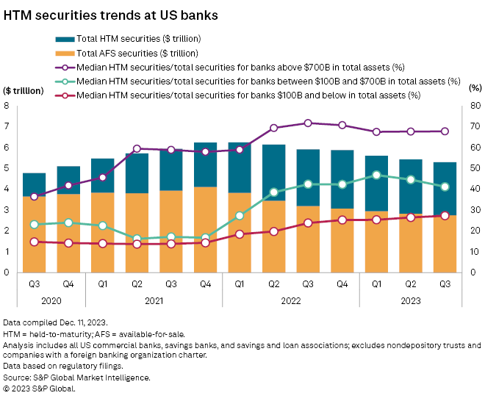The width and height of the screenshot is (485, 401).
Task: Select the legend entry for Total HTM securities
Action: [x=132, y=38]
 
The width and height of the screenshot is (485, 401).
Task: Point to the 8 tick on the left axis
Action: [x=7, y=106]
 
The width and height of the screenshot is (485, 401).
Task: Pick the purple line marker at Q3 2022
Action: [x=308, y=123]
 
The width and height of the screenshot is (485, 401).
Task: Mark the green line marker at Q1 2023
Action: [x=376, y=175]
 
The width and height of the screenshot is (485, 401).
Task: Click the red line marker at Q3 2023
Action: [x=445, y=215]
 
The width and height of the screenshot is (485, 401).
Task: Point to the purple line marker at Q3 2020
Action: [x=34, y=197]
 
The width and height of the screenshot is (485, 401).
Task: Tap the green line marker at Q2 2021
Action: [x=137, y=239]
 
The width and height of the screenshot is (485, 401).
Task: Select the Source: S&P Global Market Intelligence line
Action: [x=76, y=378]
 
